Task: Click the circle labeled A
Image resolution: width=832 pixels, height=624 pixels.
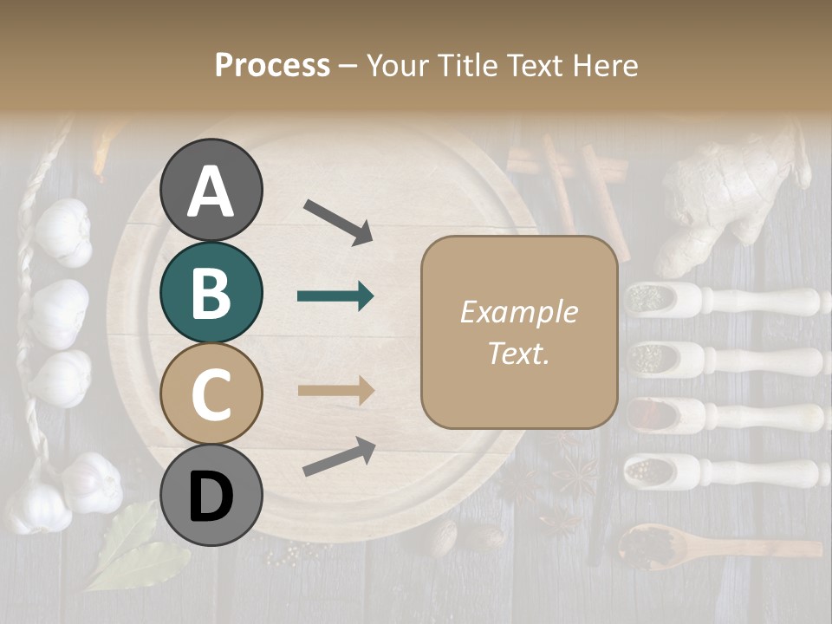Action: tap(211, 190)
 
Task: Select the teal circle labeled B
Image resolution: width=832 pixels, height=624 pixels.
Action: tap(211, 291)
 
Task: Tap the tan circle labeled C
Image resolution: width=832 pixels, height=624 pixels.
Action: tap(211, 393)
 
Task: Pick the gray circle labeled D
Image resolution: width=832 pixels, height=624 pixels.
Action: tap(211, 495)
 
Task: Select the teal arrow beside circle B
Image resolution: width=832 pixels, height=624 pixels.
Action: tap(335, 296)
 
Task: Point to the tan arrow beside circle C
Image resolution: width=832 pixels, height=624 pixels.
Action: tap(335, 390)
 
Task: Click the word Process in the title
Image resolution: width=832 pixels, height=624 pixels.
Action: tap(272, 65)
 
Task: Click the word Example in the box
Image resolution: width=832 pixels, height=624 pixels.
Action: tap(518, 312)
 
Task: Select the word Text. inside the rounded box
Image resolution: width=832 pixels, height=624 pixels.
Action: tap(518, 353)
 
